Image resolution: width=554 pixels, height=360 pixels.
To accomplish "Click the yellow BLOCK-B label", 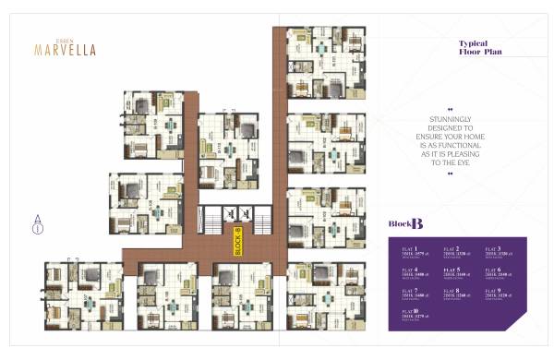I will [x=237, y=241].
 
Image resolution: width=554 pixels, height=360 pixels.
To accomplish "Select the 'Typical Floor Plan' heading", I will [x=479, y=48].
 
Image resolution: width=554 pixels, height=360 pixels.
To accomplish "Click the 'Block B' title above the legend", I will [x=406, y=223].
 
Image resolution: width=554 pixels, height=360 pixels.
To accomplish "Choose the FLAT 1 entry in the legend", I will [x=409, y=253].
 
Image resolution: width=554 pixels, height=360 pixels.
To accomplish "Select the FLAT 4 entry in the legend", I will [x=409, y=273].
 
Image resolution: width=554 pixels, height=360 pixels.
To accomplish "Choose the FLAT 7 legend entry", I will [x=409, y=294].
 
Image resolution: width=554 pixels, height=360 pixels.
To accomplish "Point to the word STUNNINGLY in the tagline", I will [x=451, y=119].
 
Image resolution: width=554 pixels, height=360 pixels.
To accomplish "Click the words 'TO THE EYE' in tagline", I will [x=451, y=162].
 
